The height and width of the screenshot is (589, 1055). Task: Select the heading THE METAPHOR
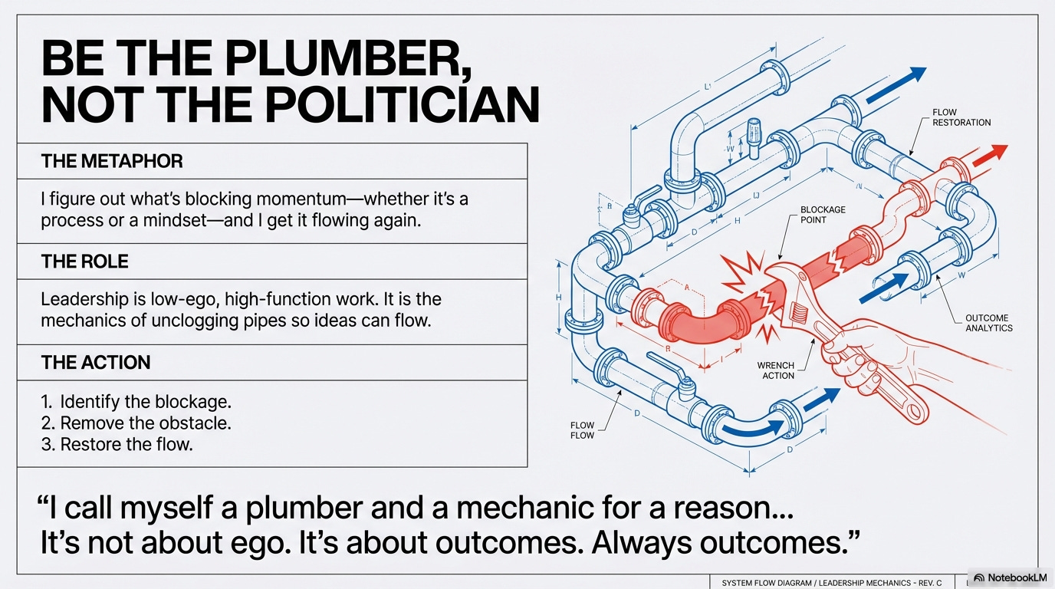click(x=112, y=161)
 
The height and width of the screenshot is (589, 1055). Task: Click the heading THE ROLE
click(x=85, y=262)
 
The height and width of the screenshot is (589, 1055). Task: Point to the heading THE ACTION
click(x=96, y=362)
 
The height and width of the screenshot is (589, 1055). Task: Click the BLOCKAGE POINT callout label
click(x=823, y=215)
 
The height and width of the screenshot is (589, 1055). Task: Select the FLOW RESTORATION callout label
click(x=961, y=117)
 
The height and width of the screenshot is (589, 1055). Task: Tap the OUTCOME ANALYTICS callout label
click(x=988, y=323)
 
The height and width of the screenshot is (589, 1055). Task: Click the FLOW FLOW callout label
click(x=582, y=430)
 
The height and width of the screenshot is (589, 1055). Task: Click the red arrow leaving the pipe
click(x=990, y=155)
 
